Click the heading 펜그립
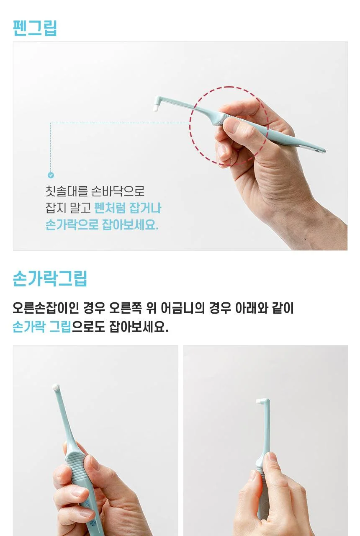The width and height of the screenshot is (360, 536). tap(35, 28)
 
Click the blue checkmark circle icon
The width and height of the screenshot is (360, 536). tap(51, 175)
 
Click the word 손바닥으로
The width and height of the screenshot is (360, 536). tap(118, 191)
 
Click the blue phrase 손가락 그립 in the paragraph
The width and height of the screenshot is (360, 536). tap(42, 327)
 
